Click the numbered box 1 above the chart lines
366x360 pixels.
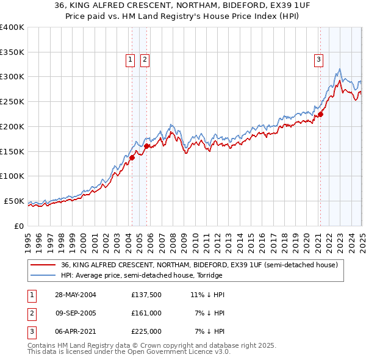tap(131, 60)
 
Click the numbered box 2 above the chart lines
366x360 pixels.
tap(145, 60)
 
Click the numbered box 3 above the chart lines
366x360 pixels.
tap(319, 60)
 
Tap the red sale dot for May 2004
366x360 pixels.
tap(132, 157)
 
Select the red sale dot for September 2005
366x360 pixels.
tap(146, 146)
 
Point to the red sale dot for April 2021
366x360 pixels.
tap(320, 113)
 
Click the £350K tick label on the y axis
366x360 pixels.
tap(12, 52)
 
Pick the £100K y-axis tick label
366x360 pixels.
tap(12, 176)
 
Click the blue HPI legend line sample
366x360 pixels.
tap(43, 275)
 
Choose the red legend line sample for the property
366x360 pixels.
tap(43, 264)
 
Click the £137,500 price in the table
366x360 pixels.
tap(146, 295)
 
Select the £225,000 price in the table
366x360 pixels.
tap(146, 331)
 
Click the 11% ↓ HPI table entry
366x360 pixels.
tap(207, 295)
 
